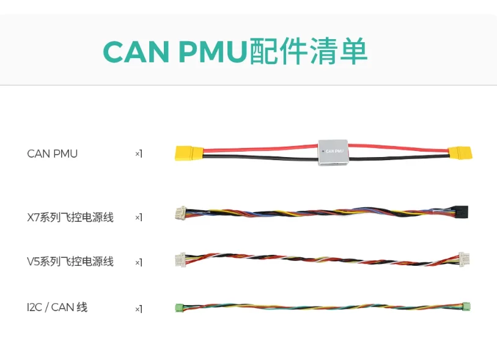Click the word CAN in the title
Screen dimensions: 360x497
[x=136, y=52]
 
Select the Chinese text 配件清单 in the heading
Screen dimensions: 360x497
[x=308, y=52]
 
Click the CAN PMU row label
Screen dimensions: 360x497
[x=53, y=153]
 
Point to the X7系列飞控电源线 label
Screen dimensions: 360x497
[x=70, y=217]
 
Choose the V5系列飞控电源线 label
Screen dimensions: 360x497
[x=70, y=262]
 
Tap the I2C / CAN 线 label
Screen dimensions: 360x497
[x=57, y=307]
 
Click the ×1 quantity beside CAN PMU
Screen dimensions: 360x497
[x=139, y=154]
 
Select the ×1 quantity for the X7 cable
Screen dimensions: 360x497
[x=139, y=218]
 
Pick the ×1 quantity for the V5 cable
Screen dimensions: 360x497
[x=139, y=262]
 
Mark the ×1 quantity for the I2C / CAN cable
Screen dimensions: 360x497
[x=139, y=309]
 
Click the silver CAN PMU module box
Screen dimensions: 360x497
[x=333, y=150]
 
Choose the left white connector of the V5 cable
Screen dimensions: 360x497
[x=180, y=260]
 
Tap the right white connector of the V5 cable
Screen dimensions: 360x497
[x=465, y=259]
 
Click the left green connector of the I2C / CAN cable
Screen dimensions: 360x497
[x=179, y=307]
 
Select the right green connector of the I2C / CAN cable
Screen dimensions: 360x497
[x=466, y=306]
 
